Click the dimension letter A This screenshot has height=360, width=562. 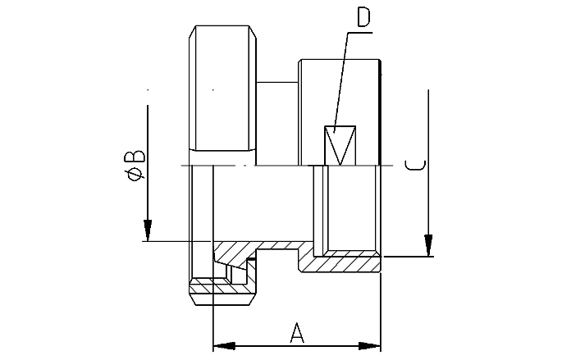(298, 332)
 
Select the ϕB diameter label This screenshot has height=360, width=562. (136, 164)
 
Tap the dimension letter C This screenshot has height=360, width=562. (416, 166)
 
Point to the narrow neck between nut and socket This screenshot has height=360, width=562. (277, 123)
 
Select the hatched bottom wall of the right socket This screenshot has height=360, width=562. (345, 263)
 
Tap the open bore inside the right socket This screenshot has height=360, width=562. (352, 209)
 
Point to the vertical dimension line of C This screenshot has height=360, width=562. (427, 164)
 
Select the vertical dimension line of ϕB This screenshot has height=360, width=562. (147, 164)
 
